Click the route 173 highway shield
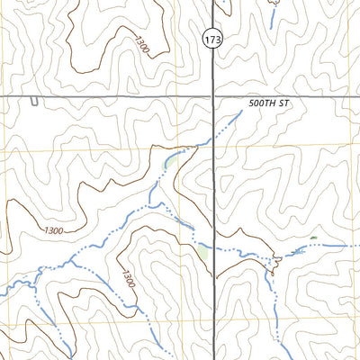pos(212,40)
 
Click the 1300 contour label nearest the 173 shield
pos(140,45)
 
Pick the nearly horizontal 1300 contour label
pos(53,231)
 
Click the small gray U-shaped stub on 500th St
pos(33,100)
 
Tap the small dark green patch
pos(313,238)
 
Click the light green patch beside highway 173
pos(203,253)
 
